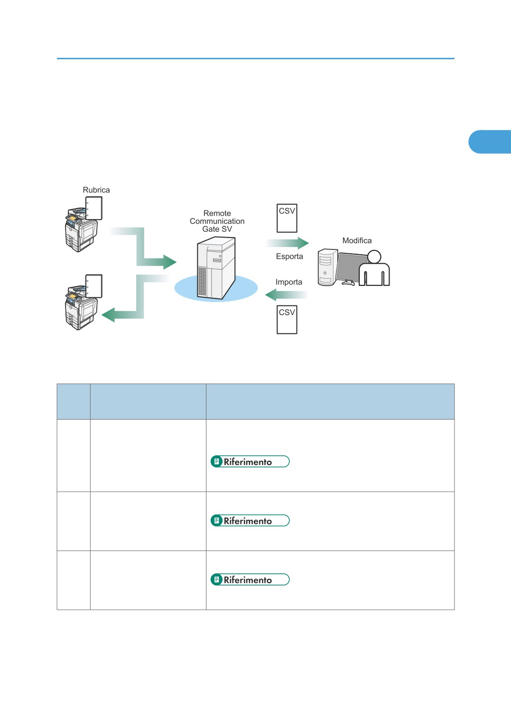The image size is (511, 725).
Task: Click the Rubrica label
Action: coord(96,190)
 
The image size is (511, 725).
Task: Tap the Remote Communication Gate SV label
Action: coord(217,221)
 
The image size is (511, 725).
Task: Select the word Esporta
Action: coord(289,257)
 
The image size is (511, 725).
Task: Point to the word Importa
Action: coord(289,282)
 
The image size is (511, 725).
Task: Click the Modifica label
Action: coord(357,240)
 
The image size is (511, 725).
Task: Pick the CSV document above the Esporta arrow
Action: coord(287,218)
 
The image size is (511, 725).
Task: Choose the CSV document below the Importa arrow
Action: coord(287,320)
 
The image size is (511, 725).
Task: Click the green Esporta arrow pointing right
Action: coord(287,243)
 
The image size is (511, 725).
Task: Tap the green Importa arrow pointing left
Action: coord(286,295)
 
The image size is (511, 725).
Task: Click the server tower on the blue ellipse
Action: coord(216,268)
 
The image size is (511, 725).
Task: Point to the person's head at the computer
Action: coord(374,257)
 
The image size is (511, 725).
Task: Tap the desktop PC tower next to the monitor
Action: coord(327,267)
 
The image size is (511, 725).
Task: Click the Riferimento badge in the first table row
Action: coord(250,461)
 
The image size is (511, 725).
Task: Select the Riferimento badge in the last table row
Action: coord(250,579)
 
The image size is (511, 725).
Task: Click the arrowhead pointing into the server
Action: coord(170,262)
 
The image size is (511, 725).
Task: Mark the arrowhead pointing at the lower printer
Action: coord(108,314)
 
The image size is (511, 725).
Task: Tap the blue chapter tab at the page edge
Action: coord(490,142)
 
